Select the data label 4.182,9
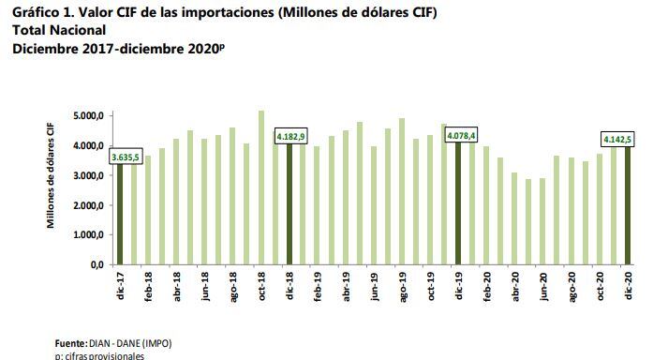[x=292, y=137]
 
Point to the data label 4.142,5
[x=616, y=139]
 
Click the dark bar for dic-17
[x=119, y=216]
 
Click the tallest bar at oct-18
[x=260, y=187]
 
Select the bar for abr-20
[x=513, y=218]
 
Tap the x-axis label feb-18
[x=148, y=287]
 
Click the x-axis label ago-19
[x=401, y=287]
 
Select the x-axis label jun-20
[x=542, y=287]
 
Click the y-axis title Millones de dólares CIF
[x=53, y=180]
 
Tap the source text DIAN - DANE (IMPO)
[x=132, y=343]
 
